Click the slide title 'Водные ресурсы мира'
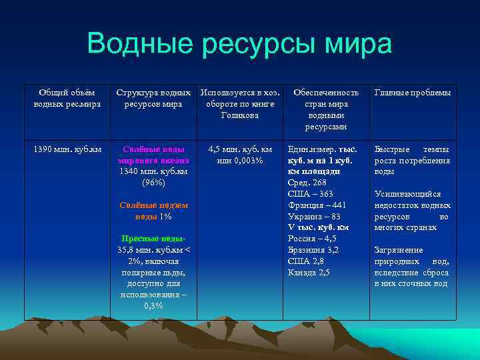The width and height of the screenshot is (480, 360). [x=239, y=44]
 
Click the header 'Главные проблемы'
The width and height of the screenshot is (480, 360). [x=413, y=93]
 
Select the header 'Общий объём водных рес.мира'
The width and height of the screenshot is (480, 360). [x=67, y=98]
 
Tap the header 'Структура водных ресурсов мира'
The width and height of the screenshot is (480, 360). [x=153, y=98]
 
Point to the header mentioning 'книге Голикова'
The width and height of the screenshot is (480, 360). [x=237, y=104]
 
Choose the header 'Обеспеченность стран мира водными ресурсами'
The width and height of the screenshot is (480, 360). [x=326, y=109]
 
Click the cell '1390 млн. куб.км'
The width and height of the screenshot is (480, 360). [x=67, y=149]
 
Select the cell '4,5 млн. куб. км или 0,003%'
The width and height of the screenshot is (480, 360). [x=240, y=155]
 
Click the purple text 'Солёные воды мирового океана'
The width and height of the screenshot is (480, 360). [x=153, y=155]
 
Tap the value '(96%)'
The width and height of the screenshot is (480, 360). [x=153, y=182]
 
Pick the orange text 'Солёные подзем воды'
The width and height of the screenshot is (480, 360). [x=153, y=211]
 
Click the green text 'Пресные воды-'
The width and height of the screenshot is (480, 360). [x=153, y=239]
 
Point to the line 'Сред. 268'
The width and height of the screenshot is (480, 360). [x=306, y=183]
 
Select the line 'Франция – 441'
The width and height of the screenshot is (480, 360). [x=317, y=205]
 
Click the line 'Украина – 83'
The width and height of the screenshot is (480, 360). [x=314, y=216]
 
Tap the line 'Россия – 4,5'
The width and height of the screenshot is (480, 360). [x=312, y=239]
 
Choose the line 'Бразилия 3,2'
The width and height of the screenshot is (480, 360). [x=313, y=250]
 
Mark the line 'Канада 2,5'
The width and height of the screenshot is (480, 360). [x=309, y=272]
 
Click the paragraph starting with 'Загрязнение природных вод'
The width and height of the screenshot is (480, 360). [x=412, y=267]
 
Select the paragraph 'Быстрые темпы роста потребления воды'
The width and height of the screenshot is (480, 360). [x=412, y=160]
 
